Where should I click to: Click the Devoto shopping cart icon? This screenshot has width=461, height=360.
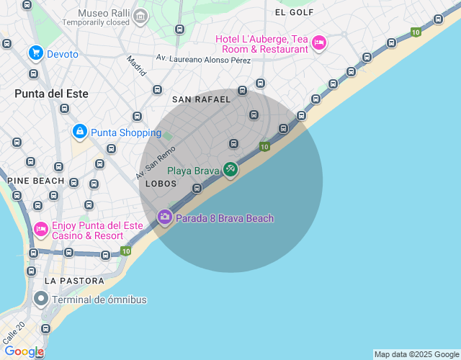click(x=35, y=53)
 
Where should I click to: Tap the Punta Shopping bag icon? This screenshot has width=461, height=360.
click(x=80, y=132)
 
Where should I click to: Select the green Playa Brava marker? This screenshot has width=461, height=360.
click(x=230, y=170)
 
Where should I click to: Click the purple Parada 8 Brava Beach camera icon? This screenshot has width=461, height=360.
click(x=165, y=217)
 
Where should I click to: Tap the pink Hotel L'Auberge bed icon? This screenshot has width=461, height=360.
click(x=318, y=44)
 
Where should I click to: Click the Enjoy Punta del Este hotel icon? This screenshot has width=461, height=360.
click(x=41, y=230)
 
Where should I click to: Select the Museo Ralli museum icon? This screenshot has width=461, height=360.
click(x=140, y=16)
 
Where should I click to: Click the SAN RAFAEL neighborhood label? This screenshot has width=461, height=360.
click(x=202, y=99)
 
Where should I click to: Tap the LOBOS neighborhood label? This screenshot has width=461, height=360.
click(x=161, y=184)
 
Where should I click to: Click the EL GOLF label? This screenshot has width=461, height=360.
click(x=295, y=12)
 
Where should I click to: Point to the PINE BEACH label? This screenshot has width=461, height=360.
click(x=36, y=181)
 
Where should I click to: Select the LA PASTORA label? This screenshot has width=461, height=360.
click(x=74, y=280)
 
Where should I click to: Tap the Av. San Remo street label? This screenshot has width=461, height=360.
click(x=156, y=163)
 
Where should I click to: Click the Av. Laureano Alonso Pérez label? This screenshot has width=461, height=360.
click(x=203, y=60)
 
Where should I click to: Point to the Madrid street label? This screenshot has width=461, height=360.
click(x=135, y=66)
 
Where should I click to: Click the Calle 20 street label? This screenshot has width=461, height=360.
click(x=14, y=332)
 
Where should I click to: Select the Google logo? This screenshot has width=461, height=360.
click(x=24, y=351)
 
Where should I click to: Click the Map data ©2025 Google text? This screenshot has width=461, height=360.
click(x=416, y=354)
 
